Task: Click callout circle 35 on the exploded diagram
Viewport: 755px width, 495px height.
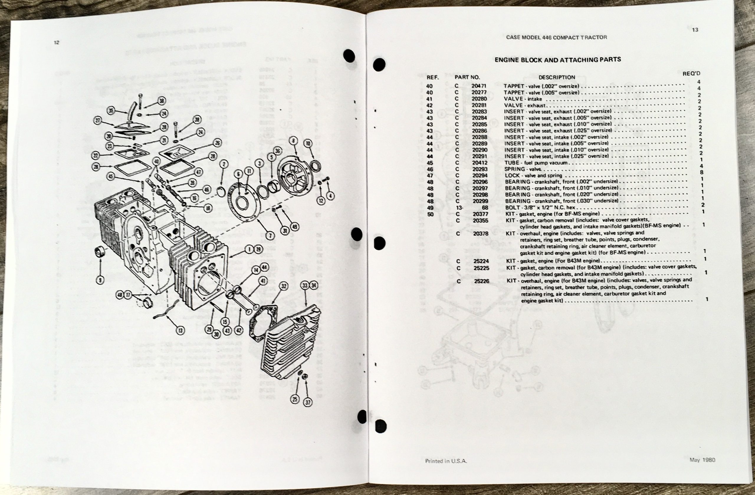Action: [x=111, y=110]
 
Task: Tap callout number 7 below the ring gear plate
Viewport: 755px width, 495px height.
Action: [x=270, y=236]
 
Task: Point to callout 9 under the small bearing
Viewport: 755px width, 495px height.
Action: [x=100, y=280]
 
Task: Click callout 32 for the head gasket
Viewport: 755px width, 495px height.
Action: [x=283, y=286]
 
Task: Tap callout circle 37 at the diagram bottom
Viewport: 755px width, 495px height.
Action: [x=308, y=403]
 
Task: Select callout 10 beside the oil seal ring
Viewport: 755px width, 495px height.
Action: [x=308, y=143]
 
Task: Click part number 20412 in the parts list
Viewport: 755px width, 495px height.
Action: [x=480, y=163]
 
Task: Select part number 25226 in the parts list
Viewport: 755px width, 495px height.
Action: [x=482, y=281]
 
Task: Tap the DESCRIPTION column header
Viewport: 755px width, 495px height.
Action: [x=557, y=77]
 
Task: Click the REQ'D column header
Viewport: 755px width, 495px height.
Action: [x=691, y=73]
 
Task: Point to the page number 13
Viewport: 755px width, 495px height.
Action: [x=695, y=30]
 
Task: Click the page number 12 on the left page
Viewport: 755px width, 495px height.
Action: [x=56, y=42]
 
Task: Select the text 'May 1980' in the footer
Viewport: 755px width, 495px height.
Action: [x=702, y=460]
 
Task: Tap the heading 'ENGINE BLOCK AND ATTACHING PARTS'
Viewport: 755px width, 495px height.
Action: [x=558, y=59]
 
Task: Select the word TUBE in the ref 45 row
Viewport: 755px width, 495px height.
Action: [x=512, y=163]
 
